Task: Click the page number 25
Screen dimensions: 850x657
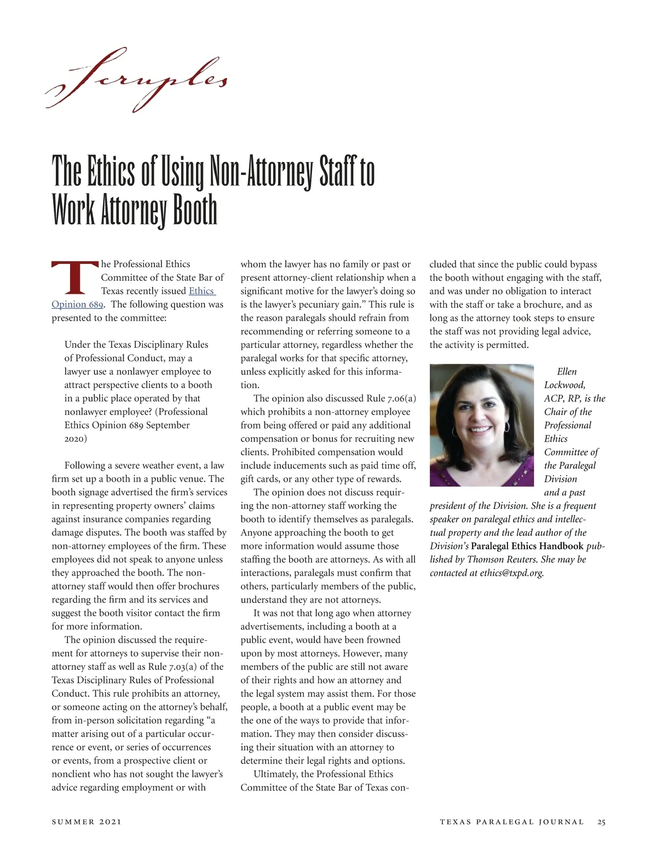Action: [x=601, y=822]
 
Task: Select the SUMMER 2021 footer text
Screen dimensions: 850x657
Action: [x=87, y=822]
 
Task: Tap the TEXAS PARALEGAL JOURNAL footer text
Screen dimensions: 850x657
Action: [x=511, y=822]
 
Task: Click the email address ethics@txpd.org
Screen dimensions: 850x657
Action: [x=511, y=573]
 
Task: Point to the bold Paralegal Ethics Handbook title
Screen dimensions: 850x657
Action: [x=527, y=546]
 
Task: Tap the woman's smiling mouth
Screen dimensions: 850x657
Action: [x=481, y=429]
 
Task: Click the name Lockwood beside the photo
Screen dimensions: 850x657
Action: [x=564, y=385]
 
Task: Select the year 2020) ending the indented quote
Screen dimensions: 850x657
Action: [x=76, y=438]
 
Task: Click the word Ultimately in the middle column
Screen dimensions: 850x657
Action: [x=276, y=774]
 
